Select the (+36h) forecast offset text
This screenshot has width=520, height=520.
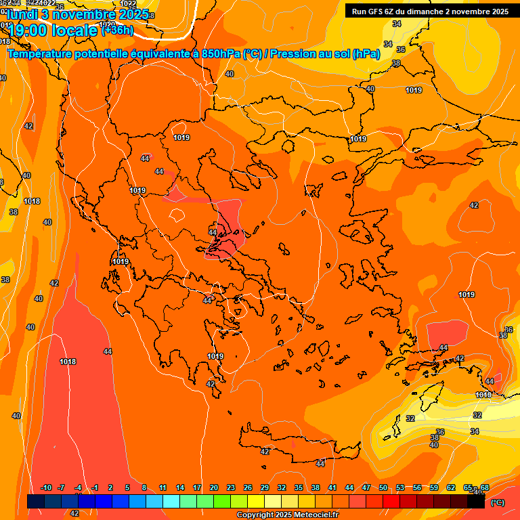[117, 30]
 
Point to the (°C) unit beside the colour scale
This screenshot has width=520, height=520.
[497, 502]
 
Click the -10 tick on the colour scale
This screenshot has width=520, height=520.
[46, 487]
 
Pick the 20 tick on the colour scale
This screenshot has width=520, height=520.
[214, 487]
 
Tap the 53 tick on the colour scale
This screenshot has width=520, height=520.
[400, 487]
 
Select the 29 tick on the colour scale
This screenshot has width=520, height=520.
[265, 487]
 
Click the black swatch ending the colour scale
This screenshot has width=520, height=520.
[476, 502]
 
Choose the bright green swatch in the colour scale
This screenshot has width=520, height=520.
[222, 502]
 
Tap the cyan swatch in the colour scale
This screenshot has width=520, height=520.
[171, 502]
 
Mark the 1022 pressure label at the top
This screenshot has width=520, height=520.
[128, 4]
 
